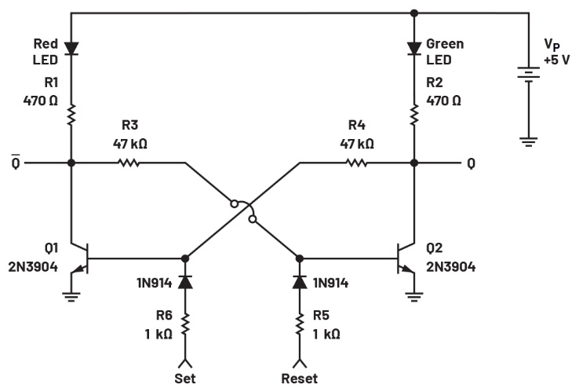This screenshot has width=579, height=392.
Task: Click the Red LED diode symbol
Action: pos(71,49)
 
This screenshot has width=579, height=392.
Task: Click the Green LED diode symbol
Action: pos(414,49)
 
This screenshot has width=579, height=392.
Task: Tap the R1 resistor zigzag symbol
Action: pos(71,115)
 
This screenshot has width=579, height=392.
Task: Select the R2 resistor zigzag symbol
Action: pos(414,115)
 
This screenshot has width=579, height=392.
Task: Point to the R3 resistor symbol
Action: pos(129,163)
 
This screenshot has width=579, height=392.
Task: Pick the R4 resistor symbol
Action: pos(356,163)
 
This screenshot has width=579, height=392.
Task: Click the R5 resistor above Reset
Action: pos(300,324)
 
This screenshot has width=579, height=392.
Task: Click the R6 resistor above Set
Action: pos(185,324)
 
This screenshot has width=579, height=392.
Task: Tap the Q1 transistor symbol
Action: pos(79,258)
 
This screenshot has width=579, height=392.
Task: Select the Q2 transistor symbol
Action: pos(406,258)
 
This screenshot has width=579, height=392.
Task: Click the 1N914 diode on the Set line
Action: pos(185,282)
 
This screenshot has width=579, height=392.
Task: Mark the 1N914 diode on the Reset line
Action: pos(300,282)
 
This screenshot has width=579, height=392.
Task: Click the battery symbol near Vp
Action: pos(529,75)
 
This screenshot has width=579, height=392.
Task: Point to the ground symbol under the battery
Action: pos(529,141)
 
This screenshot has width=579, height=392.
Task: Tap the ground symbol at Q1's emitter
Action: pos(71,297)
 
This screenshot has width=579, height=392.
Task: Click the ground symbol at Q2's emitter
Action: pos(414,297)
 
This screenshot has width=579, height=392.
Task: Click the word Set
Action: pos(185,379)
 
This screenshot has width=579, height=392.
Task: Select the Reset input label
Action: pos(300,379)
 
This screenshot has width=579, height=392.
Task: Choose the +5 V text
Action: pos(557,60)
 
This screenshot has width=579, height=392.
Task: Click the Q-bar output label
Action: pos(16,162)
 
